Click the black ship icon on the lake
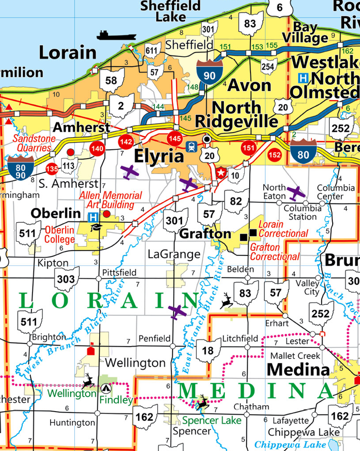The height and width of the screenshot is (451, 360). [116, 35]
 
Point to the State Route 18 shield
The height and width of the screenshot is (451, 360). [208, 351]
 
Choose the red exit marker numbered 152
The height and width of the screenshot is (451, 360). [274, 155]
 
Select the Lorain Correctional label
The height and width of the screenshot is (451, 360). [283, 229]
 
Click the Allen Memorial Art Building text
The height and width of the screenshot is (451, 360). [110, 199]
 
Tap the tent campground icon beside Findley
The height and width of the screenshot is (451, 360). [105, 388]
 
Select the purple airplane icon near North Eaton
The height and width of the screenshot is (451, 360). [295, 192]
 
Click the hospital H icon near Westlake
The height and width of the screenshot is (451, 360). [303, 77]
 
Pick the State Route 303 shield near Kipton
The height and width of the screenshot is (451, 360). [66, 279]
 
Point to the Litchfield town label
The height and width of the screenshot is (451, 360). [240, 338]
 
